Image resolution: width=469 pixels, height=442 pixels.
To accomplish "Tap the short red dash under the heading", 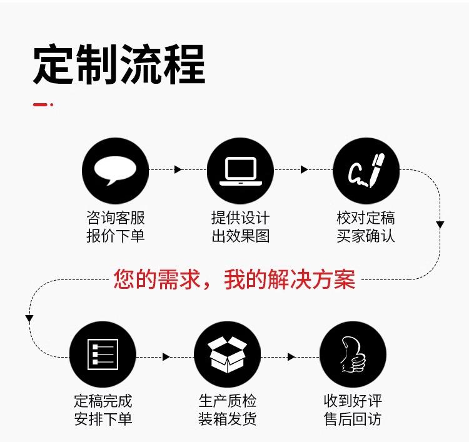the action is [41, 104].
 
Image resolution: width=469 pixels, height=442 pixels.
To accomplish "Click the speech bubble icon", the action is [115, 169].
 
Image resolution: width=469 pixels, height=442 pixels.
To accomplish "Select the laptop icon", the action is [240, 169].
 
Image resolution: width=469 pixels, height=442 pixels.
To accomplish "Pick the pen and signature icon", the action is [365, 169].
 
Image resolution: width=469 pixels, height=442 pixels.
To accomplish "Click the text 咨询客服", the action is [115, 218].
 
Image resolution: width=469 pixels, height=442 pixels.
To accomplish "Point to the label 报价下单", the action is [115, 236].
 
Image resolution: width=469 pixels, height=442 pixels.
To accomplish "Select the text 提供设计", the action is [240, 218].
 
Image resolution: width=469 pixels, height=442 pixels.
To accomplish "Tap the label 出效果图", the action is [240, 236].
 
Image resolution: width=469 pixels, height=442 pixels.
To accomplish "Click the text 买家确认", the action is [365, 236].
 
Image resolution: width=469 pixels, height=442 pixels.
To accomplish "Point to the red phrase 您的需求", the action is [158, 279].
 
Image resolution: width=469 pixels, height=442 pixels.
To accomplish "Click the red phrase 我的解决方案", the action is [290, 279].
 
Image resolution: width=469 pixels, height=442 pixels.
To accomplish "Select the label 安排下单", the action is [103, 418].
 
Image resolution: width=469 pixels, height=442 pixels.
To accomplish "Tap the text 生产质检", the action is [228, 400].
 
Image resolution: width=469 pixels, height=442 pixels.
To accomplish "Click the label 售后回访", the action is [353, 418].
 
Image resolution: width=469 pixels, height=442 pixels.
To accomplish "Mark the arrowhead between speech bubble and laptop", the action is [178, 169].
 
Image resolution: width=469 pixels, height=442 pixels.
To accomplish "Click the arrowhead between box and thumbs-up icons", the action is [291, 356].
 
